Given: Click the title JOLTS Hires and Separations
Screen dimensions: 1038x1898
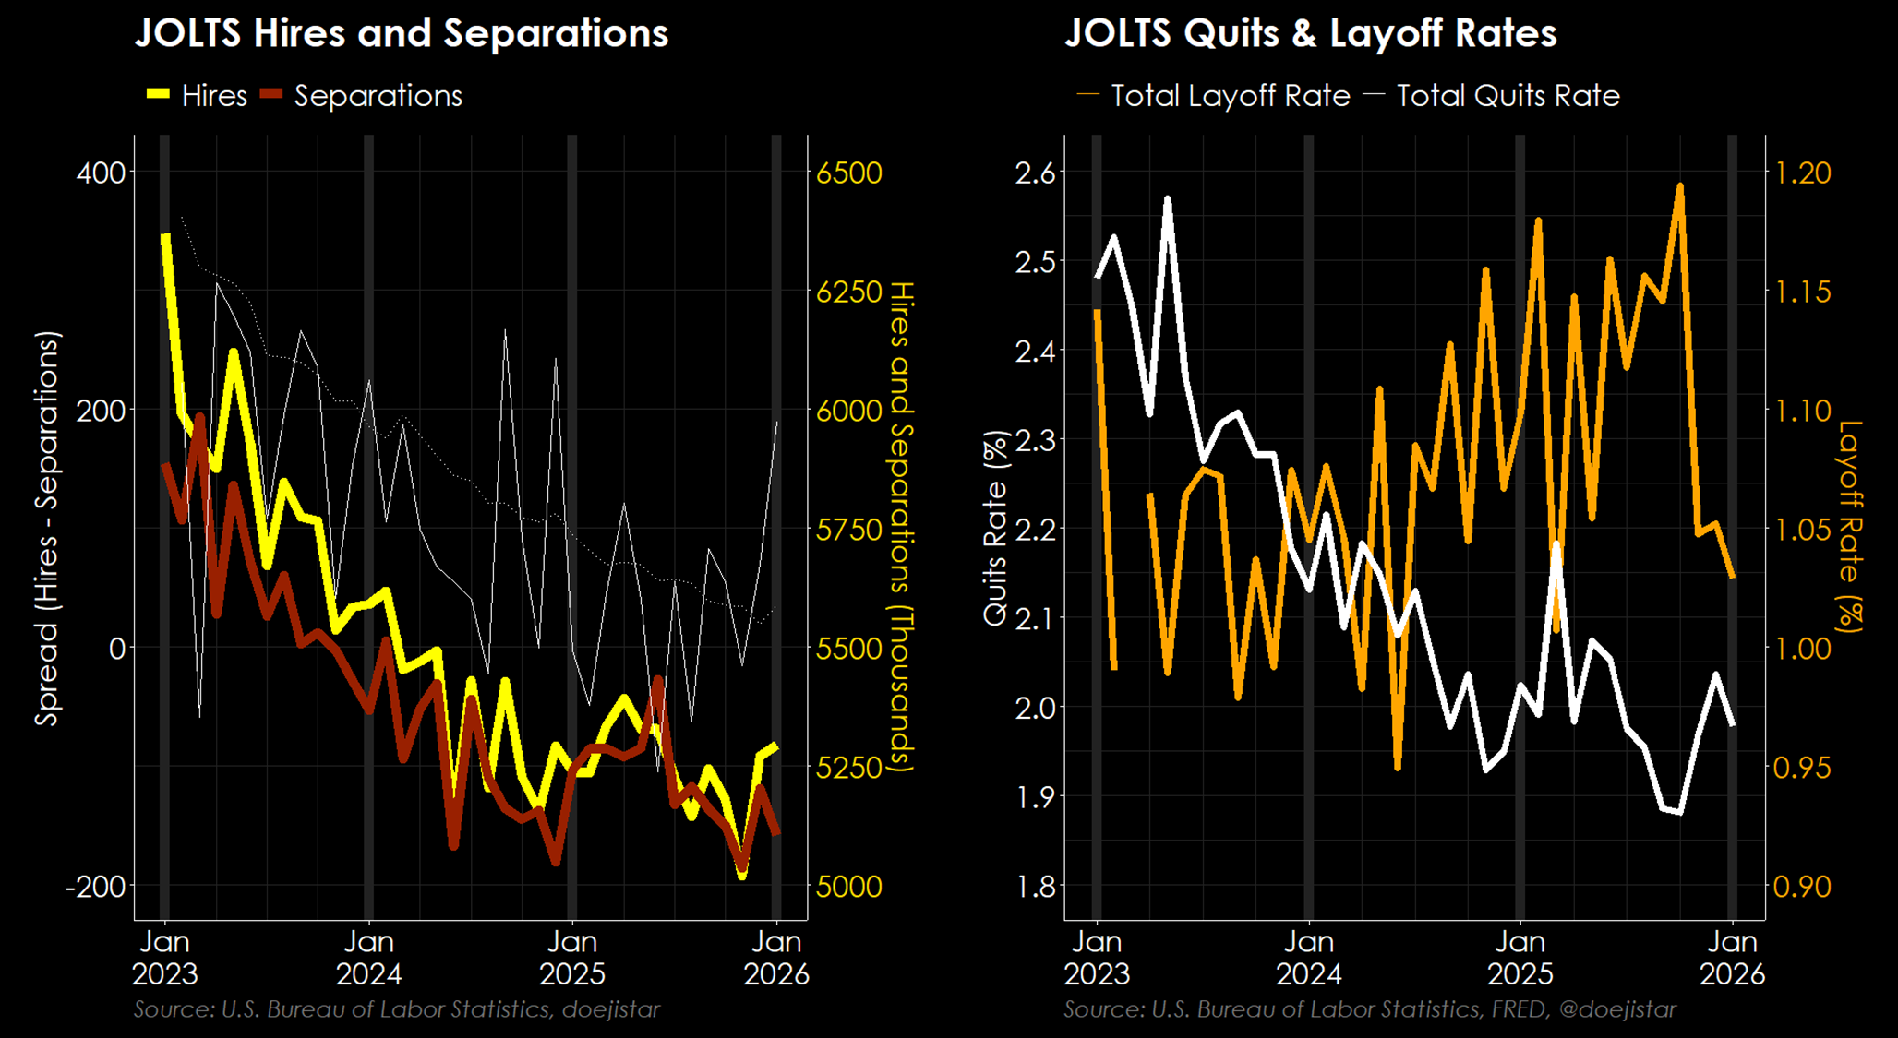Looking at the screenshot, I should (x=401, y=33).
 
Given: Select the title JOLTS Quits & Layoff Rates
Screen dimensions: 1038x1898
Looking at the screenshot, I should (x=1310, y=33).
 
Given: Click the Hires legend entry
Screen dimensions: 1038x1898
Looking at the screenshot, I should (x=198, y=96).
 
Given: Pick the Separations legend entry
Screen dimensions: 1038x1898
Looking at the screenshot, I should (x=362, y=96).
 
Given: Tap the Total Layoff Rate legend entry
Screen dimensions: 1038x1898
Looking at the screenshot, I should (x=1214, y=96).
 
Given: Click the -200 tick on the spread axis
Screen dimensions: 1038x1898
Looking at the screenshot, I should (x=95, y=887).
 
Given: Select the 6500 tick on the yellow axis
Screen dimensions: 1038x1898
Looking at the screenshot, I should (x=849, y=173).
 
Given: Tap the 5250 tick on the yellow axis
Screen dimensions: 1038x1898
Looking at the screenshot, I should (x=849, y=768).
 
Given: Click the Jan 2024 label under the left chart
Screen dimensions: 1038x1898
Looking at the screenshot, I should (x=369, y=958).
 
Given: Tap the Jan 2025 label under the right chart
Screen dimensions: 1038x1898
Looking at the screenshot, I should (x=1520, y=958).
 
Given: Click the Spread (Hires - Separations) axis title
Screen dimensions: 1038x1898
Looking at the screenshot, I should (x=47, y=528).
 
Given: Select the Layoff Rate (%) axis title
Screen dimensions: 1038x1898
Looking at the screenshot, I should (x=1849, y=526).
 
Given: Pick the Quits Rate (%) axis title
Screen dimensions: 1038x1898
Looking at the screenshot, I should (x=995, y=528).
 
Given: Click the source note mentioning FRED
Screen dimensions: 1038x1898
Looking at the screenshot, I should (x=1369, y=1009).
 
